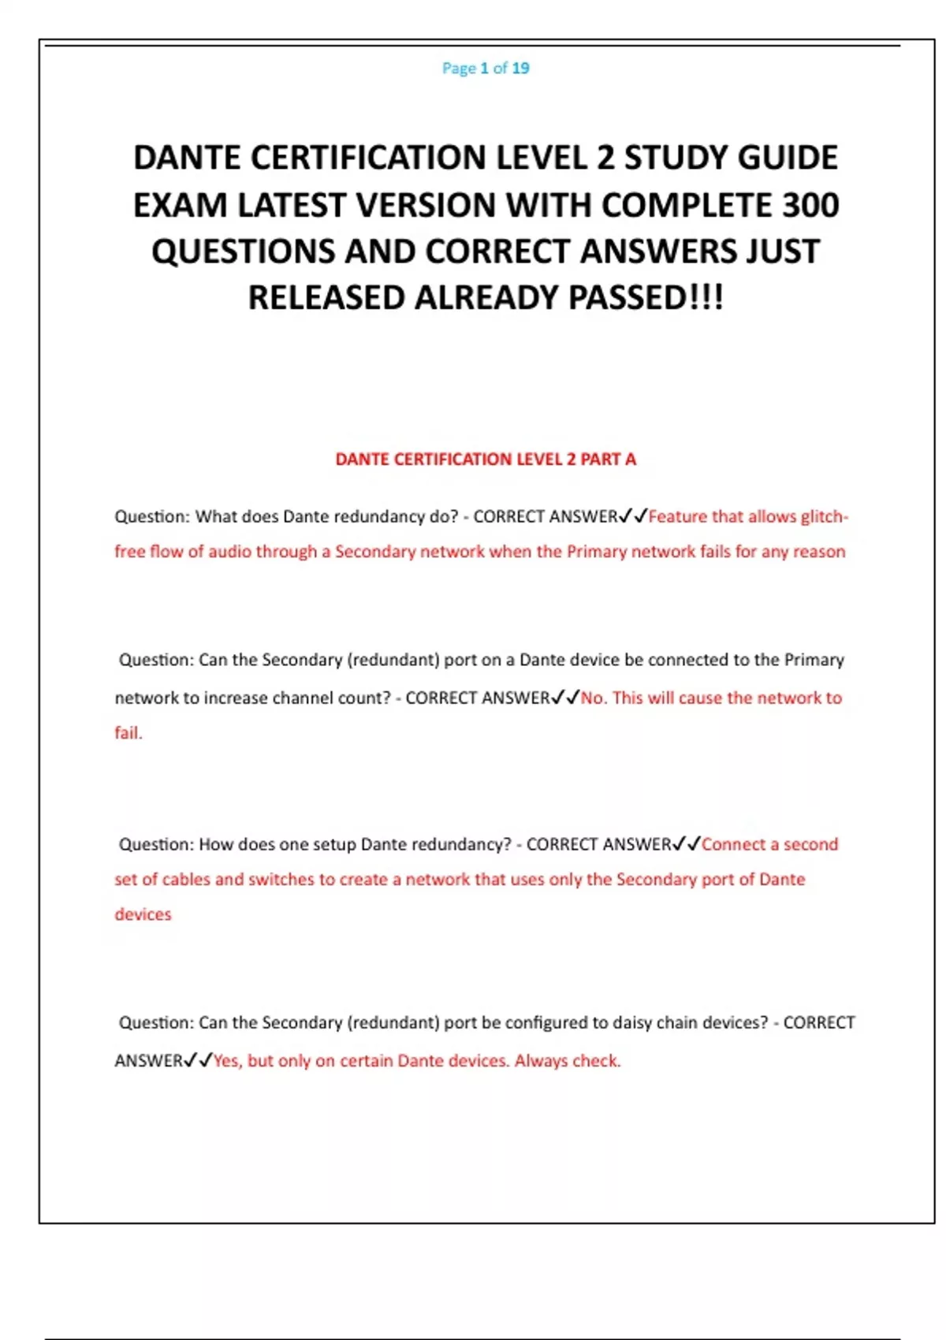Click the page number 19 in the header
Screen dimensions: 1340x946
pos(520,69)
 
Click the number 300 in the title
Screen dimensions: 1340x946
pos(810,206)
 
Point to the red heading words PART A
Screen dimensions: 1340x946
pos(608,460)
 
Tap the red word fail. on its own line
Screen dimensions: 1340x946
pos(128,733)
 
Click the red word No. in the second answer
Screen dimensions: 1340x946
pos(594,698)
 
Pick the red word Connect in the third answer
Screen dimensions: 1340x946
pos(733,845)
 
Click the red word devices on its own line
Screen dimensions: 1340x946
pos(143,914)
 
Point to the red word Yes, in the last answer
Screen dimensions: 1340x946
pos(227,1061)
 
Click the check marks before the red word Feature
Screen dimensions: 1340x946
pos(633,517)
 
